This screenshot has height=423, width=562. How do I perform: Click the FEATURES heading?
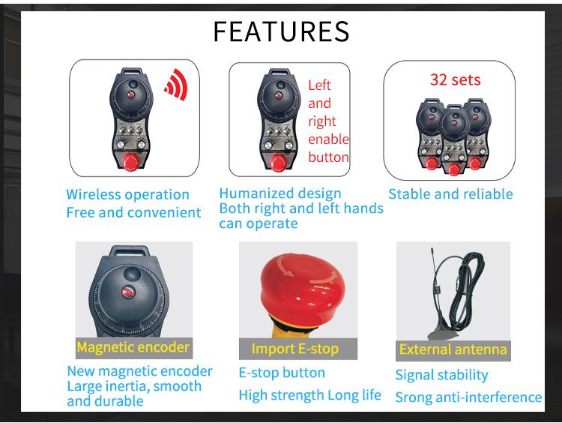pyautogui.click(x=281, y=31)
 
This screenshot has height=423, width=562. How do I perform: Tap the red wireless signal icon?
pyautogui.click(x=176, y=85)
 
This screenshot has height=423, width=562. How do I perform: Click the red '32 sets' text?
pyautogui.click(x=455, y=79)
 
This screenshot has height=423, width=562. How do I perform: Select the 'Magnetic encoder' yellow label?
pyautogui.click(x=133, y=347)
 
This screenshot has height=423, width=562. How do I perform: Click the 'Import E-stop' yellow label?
pyautogui.click(x=295, y=349)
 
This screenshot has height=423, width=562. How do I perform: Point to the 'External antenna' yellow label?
pyautogui.click(x=453, y=349)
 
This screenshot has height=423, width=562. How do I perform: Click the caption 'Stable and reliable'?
pyautogui.click(x=451, y=194)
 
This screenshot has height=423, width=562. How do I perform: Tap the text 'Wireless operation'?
pyautogui.click(x=127, y=195)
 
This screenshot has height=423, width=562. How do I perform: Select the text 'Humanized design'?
pyautogui.click(x=280, y=193)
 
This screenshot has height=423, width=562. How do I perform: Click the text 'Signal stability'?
pyautogui.click(x=441, y=375)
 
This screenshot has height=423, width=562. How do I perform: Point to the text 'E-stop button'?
pyautogui.click(x=282, y=373)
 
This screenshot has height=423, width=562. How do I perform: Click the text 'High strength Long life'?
pyautogui.click(x=310, y=395)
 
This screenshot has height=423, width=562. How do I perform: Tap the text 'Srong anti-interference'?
pyautogui.click(x=468, y=397)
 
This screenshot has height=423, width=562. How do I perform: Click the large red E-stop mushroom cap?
pyautogui.click(x=303, y=286)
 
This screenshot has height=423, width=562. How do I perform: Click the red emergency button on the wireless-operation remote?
pyautogui.click(x=131, y=161)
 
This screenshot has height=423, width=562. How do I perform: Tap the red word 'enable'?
pyautogui.click(x=328, y=139)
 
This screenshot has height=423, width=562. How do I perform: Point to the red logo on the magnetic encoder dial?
pyautogui.click(x=128, y=292)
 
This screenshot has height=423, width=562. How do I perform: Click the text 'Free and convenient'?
pyautogui.click(x=133, y=212)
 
